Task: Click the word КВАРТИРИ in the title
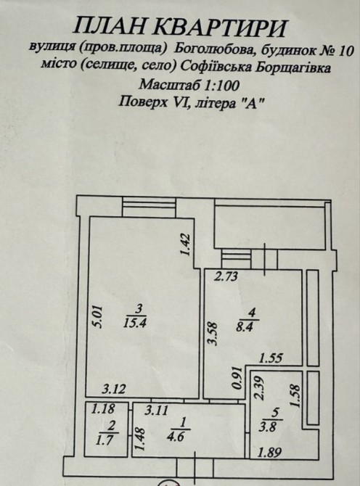click(220, 28)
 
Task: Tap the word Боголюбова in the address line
click(215, 49)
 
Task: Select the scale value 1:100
click(221, 85)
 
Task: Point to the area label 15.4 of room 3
click(135, 324)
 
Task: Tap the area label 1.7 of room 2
click(105, 440)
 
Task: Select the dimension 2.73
click(227, 276)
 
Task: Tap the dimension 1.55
click(271, 358)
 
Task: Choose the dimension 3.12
click(114, 389)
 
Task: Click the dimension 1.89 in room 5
click(271, 453)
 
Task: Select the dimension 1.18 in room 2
click(103, 409)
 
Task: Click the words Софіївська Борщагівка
click(255, 67)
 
